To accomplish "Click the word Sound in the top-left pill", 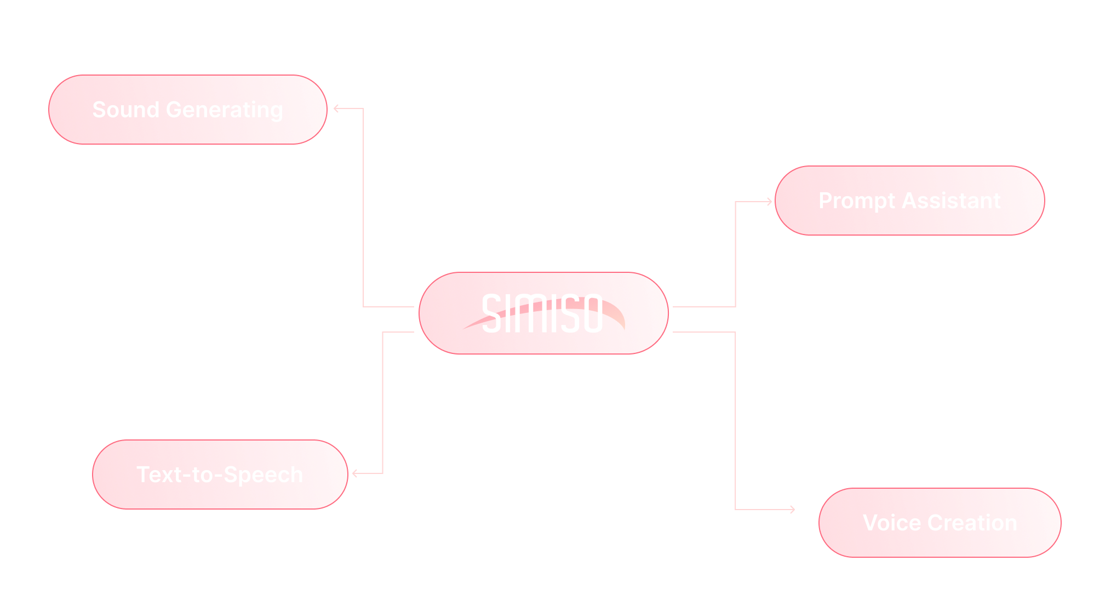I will click(125, 110).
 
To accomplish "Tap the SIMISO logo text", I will click(542, 313).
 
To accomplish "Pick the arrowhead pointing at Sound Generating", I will click(336, 108).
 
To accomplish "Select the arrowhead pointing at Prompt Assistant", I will click(769, 202).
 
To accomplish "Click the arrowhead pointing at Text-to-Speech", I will click(355, 473).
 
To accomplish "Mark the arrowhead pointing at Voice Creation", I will click(792, 510).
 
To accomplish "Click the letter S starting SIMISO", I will click(491, 313).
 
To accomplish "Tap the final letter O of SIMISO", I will click(592, 313).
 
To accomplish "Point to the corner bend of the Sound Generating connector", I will click(363, 108).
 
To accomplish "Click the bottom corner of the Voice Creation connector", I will click(735, 510).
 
